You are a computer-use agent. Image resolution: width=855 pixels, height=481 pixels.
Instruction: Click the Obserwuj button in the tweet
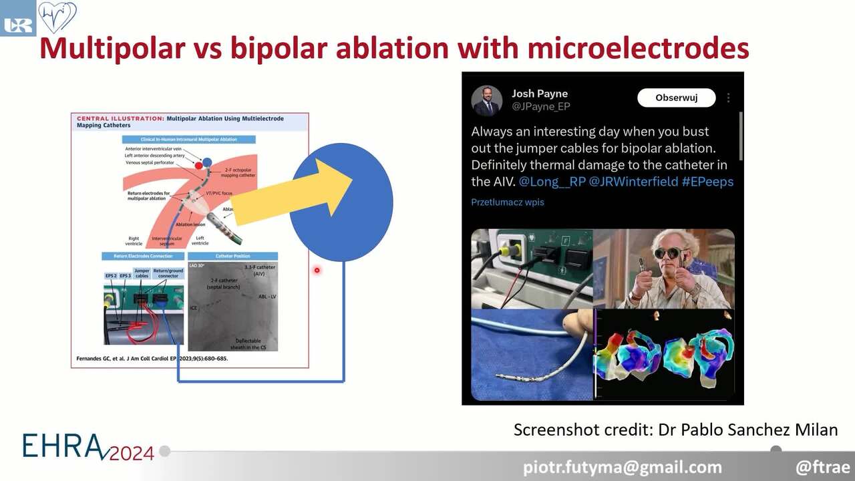(676, 98)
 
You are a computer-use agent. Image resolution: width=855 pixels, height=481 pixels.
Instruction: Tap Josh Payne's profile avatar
(486, 100)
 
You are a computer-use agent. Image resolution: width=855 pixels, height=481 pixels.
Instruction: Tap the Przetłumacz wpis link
(508, 202)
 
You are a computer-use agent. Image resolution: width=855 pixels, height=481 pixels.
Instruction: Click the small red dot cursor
(317, 270)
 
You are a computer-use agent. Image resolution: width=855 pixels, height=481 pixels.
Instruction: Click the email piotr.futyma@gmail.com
(623, 467)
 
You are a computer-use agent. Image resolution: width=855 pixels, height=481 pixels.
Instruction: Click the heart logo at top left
(57, 17)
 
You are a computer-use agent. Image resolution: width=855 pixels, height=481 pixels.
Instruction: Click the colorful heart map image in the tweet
(665, 354)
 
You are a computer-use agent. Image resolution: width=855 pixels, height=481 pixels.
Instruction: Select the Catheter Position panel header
(232, 256)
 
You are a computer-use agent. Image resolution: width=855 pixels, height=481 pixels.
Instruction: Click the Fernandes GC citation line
(149, 359)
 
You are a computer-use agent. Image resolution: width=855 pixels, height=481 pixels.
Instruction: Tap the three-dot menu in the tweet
(728, 98)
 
